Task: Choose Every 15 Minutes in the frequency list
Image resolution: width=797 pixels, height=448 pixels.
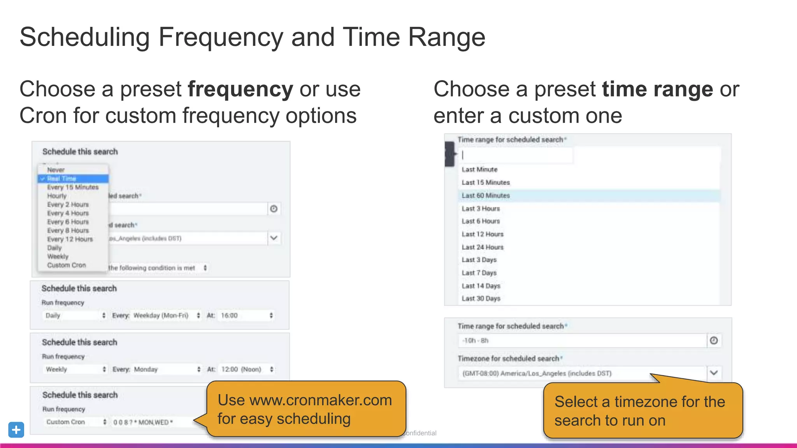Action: click(x=73, y=187)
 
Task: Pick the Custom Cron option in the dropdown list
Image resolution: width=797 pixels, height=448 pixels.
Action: click(x=66, y=265)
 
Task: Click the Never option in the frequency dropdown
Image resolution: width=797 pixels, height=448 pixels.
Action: click(x=56, y=170)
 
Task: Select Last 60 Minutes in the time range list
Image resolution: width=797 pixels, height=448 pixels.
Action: click(x=485, y=196)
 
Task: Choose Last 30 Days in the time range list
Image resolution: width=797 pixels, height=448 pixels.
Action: click(x=481, y=299)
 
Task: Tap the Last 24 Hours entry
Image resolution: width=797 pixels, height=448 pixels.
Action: click(x=482, y=247)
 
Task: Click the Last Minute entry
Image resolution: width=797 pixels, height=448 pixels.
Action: click(x=479, y=170)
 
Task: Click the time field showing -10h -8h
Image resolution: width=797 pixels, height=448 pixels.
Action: click(x=580, y=341)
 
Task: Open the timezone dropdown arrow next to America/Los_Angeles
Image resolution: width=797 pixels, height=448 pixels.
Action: click(x=713, y=373)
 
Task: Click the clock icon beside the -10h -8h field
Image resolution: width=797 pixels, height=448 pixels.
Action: click(x=713, y=341)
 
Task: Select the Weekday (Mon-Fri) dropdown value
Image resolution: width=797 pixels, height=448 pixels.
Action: click(x=161, y=315)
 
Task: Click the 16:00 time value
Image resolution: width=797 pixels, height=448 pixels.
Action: click(x=230, y=315)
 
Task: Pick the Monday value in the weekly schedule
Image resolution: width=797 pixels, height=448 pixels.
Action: click(x=146, y=369)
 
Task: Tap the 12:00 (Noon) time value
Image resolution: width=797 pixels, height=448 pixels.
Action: click(x=241, y=369)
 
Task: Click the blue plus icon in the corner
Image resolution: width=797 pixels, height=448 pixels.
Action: click(x=16, y=430)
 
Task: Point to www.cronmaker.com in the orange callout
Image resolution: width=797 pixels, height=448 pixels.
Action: click(x=320, y=400)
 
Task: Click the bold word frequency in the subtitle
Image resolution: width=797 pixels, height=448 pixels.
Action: click(x=240, y=89)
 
